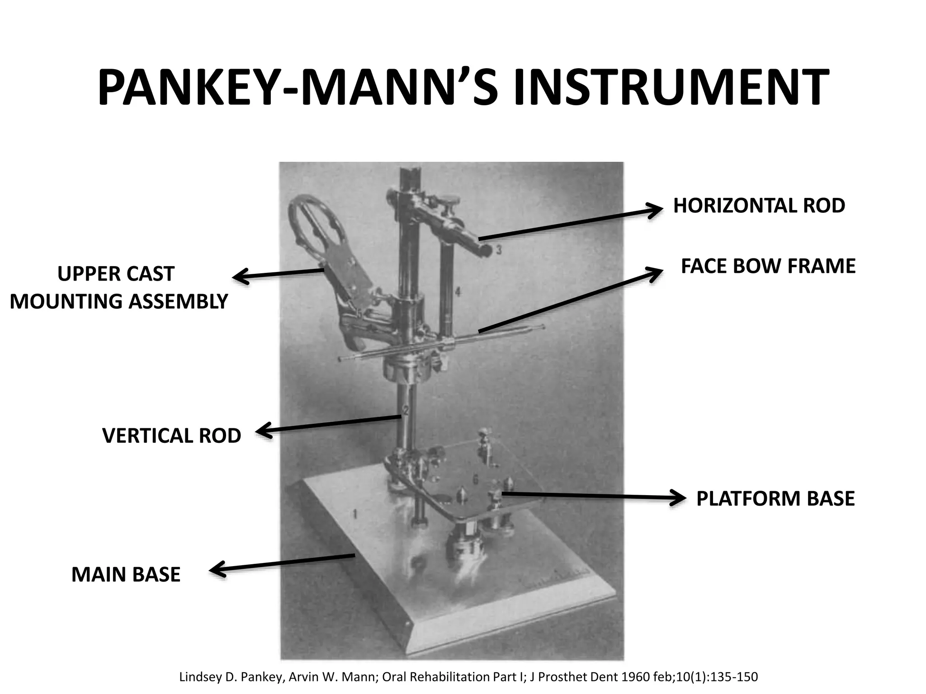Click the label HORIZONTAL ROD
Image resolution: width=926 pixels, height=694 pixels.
759,206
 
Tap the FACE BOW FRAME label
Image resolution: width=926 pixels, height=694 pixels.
768,266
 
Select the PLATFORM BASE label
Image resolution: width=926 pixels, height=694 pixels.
775,499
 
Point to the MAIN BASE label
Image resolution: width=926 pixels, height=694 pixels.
126,575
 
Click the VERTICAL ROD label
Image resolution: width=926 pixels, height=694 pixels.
172,436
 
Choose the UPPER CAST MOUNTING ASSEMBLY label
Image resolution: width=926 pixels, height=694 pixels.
119,288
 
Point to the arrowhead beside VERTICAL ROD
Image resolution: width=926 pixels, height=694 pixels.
264,431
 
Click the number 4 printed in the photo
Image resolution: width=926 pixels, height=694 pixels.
458,292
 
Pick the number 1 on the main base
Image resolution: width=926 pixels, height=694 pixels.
355,513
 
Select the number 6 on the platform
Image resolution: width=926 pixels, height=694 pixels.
475,480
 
